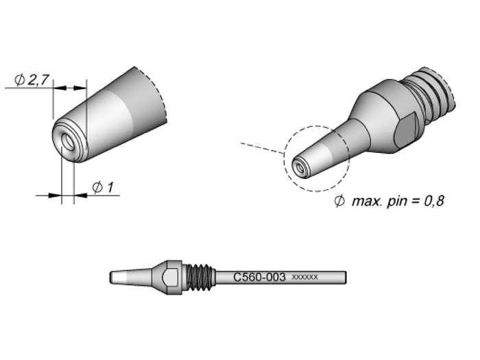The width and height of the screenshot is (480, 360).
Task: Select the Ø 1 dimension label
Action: click(102, 187)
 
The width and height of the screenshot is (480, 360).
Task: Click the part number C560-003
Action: click(259, 278)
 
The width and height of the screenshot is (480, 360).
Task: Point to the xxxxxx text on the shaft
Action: click(304, 278)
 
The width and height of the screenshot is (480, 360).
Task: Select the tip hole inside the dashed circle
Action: click(298, 165)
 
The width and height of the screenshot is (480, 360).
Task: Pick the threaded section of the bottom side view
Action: click(200, 278)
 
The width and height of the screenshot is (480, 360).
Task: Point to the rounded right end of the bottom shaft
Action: click(345, 278)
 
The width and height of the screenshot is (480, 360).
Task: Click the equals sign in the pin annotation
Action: click(413, 203)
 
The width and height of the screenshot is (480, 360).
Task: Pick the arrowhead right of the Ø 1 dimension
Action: click(79, 195)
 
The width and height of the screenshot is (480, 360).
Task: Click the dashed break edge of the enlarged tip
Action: click(162, 96)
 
